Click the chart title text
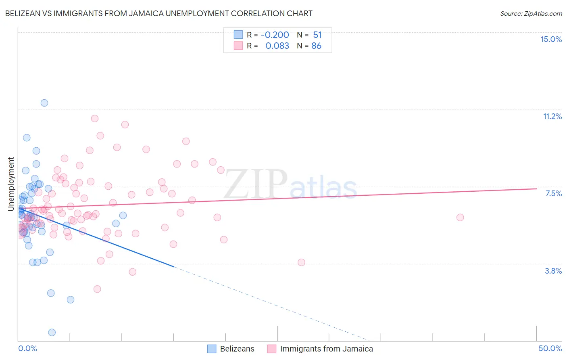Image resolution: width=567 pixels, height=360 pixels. click(158, 13)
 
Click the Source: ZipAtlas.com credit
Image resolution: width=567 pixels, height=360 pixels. click(531, 13)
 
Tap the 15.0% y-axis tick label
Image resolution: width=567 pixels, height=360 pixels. click(551, 39)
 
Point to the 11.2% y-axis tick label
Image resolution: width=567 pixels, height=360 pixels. click(552, 116)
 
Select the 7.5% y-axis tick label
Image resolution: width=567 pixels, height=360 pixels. click(553, 193)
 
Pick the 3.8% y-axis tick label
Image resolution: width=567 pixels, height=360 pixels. click(553, 271)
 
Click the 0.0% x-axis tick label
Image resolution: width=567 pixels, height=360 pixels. click(27, 348)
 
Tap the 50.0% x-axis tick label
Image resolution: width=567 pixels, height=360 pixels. click(550, 348)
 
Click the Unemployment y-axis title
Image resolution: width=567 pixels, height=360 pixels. click(11, 184)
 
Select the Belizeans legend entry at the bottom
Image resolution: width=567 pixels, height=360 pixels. click(237, 349)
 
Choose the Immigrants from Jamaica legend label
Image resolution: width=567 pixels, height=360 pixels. click(326, 349)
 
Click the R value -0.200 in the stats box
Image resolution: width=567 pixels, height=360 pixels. click(275, 35)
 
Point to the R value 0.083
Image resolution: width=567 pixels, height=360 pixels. click(277, 46)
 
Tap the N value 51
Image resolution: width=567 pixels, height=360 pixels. click(317, 35)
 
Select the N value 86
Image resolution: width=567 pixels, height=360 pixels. click(316, 46)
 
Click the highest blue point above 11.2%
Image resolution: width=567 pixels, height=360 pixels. click(44, 103)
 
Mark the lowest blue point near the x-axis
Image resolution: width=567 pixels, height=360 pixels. click(52, 333)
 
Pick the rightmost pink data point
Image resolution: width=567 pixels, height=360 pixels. click(460, 218)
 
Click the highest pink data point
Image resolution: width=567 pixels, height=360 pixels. click(95, 119)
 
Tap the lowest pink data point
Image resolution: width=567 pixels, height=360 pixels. click(97, 289)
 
